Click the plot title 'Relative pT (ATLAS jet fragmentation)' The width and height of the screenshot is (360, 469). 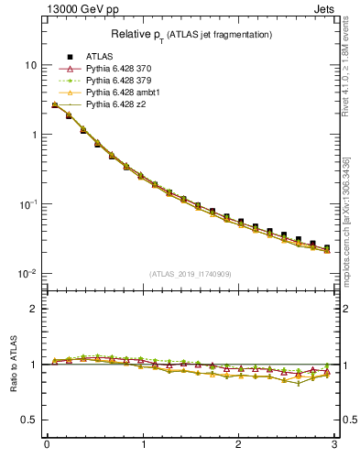pyautogui.click(x=191, y=35)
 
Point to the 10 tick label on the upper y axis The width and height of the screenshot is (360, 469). pyautogui.click(x=30, y=65)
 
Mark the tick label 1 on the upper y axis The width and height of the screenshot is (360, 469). pyautogui.click(x=33, y=135)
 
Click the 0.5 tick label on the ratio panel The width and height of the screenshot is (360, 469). pyautogui.click(x=29, y=420)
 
